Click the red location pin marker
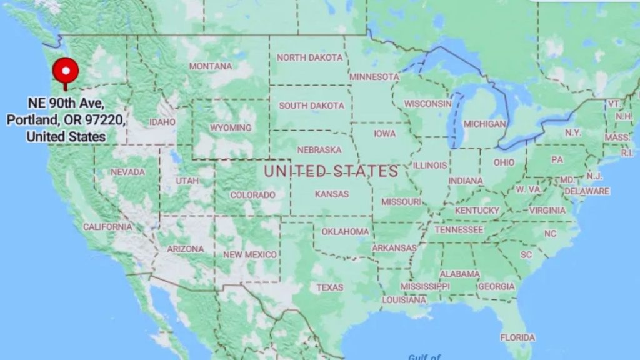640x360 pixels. coord(65,71)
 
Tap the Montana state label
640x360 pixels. coord(211,66)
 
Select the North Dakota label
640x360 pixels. coord(309,57)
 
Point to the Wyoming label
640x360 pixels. coord(231,127)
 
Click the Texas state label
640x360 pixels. coord(329,287)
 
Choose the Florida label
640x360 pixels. coord(517,337)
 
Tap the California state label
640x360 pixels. coord(107,227)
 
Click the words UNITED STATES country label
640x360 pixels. coord(331,171)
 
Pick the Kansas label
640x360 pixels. coord(332,194)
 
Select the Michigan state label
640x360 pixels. coord(484,124)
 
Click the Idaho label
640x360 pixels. coord(162,122)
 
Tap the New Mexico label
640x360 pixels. coord(250,254)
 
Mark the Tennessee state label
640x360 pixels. coord(459,230)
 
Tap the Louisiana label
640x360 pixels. coord(404,300)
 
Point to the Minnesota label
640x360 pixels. coord(374,77)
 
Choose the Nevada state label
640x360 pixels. coord(127,172)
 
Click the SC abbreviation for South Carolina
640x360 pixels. coord(526,255)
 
